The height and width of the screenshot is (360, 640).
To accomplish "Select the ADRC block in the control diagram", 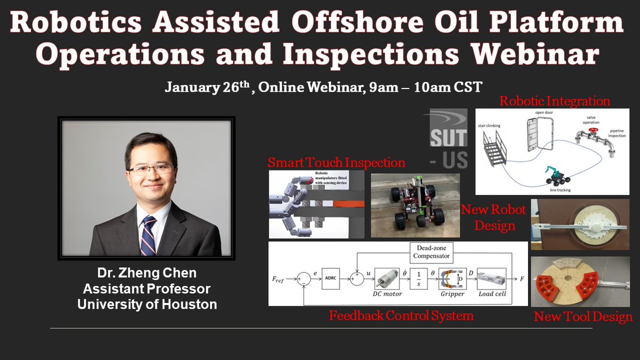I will (x=331, y=278).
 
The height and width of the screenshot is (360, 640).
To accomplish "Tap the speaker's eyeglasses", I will (x=151, y=170).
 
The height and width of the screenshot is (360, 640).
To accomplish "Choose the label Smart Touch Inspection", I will (x=336, y=162).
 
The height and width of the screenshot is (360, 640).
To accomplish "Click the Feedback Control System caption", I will (x=401, y=316).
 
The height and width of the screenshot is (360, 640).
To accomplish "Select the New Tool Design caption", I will (x=583, y=317).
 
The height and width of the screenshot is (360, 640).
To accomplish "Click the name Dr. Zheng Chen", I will (x=147, y=274).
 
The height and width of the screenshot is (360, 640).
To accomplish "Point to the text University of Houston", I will (x=147, y=305).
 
